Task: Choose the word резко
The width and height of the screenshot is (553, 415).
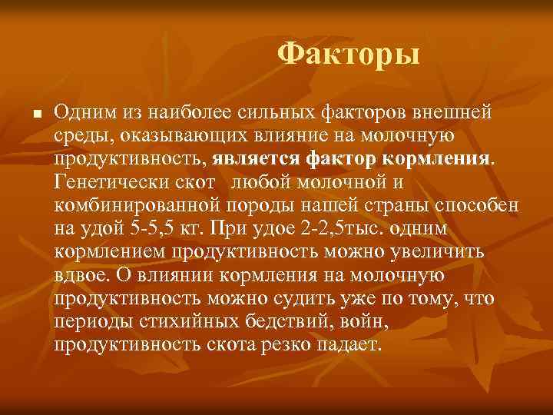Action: [295, 344]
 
